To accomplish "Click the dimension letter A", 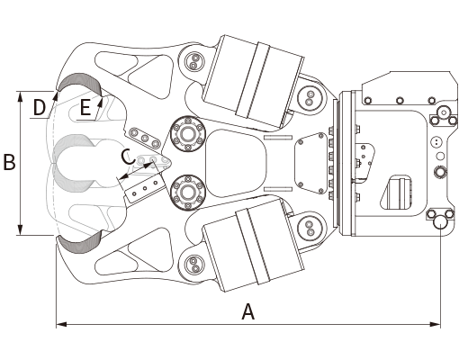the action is (x=248, y=311).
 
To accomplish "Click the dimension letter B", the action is (x=9, y=162).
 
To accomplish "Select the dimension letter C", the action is (x=128, y=157).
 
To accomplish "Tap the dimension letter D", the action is (x=40, y=107).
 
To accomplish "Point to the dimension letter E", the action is (x=85, y=107).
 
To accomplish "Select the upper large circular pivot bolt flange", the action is (x=187, y=133).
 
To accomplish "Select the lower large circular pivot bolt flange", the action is (x=187, y=193).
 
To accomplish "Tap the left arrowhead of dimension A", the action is (x=61, y=324).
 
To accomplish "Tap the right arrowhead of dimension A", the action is (x=436, y=324).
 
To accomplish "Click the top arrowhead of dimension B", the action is (x=20, y=96).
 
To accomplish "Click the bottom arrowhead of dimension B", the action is (x=20, y=229).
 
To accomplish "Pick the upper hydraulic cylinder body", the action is (x=254, y=81).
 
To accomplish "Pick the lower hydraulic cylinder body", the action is (x=254, y=246).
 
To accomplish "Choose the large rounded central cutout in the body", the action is (x=236, y=163).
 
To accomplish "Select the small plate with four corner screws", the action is (x=310, y=163).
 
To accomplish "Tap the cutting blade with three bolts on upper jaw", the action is (x=145, y=138).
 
